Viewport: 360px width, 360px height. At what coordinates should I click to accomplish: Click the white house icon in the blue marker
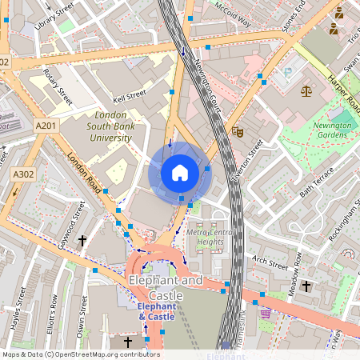tap(180, 173)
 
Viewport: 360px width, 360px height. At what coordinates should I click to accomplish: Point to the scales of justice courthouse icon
tap(305, 90)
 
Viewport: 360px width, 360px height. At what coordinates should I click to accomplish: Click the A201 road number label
tap(46, 126)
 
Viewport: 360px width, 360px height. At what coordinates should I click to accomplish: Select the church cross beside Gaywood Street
tap(82, 239)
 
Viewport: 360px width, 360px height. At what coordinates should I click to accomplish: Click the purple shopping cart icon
tap(265, 314)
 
